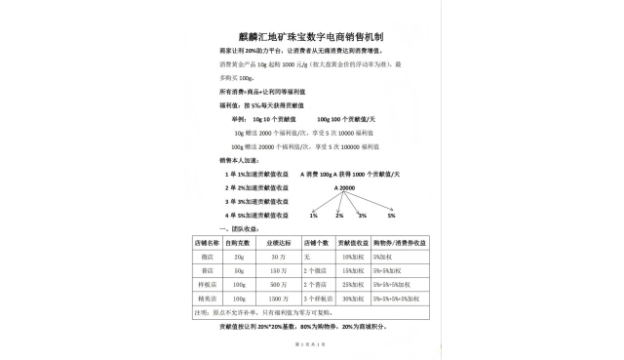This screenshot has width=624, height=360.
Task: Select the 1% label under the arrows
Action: [314, 215]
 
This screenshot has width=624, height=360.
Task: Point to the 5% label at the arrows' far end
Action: [391, 215]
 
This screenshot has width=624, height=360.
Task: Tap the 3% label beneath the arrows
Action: [362, 215]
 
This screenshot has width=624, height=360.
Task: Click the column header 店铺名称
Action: [209, 240]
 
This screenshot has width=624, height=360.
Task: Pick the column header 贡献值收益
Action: [352, 240]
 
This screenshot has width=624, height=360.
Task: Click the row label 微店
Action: [208, 255]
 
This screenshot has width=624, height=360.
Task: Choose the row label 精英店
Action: [208, 297]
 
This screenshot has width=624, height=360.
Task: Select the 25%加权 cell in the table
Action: [352, 283]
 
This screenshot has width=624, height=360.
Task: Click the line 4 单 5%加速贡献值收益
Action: [256, 215]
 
